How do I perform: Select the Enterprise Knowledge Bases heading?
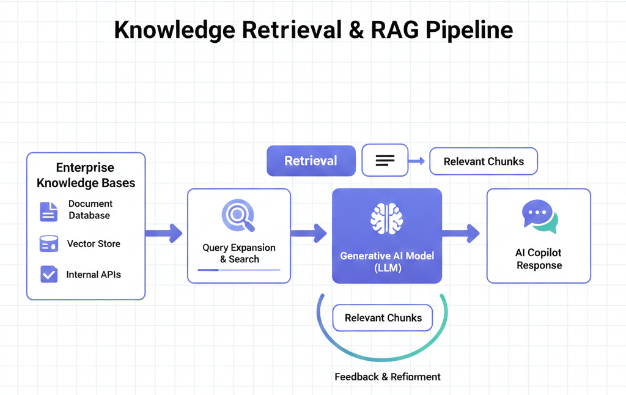pyautogui.click(x=86, y=175)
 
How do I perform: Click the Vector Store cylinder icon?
pyautogui.click(x=48, y=244)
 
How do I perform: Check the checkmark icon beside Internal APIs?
pyautogui.click(x=48, y=274)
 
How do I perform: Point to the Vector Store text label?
pyautogui.click(x=94, y=243)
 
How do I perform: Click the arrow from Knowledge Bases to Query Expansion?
pyautogui.click(x=164, y=232)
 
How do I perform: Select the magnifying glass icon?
pyautogui.click(x=238, y=216)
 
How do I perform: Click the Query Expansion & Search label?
pyautogui.click(x=239, y=253)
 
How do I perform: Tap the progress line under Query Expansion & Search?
pyautogui.click(x=239, y=270)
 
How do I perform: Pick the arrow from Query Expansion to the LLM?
pyautogui.click(x=309, y=232)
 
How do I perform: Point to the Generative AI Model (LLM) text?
pyautogui.click(x=387, y=261)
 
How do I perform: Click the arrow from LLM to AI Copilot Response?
pyautogui.click(x=461, y=232)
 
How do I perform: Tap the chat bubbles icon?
pyautogui.click(x=539, y=217)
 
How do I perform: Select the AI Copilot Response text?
pyautogui.click(x=539, y=259)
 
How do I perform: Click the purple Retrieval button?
pyautogui.click(x=311, y=161)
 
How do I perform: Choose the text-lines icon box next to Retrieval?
pyautogui.click(x=385, y=161)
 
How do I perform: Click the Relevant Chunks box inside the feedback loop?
pyautogui.click(x=383, y=318)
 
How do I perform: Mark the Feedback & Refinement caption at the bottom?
pyautogui.click(x=388, y=377)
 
